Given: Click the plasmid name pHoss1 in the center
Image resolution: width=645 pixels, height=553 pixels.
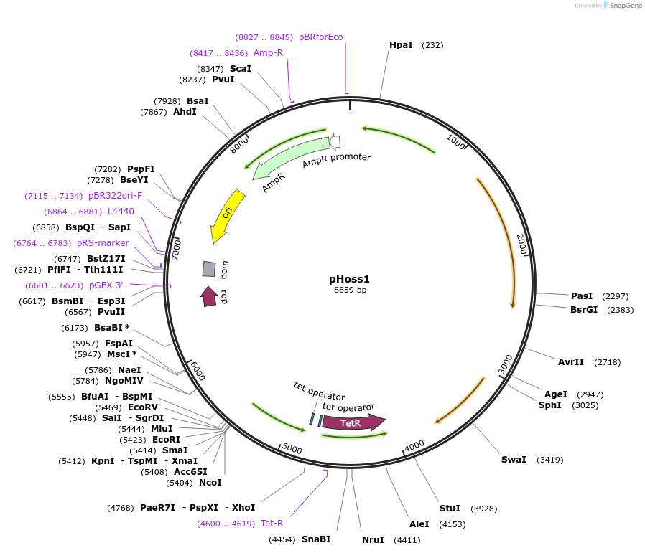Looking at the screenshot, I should pyautogui.click(x=349, y=279).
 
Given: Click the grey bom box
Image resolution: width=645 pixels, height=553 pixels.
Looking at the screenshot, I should pyautogui.click(x=209, y=269).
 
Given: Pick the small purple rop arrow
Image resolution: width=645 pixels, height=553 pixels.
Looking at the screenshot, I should pyautogui.click(x=209, y=296).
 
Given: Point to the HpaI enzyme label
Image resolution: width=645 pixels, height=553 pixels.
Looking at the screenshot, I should pyautogui.click(x=401, y=44).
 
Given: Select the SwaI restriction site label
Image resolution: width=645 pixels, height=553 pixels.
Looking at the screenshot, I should pyautogui.click(x=514, y=459).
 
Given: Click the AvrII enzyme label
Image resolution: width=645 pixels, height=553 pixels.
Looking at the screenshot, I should pyautogui.click(x=571, y=361).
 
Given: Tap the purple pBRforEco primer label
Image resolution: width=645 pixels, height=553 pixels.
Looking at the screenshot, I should pyautogui.click(x=320, y=37).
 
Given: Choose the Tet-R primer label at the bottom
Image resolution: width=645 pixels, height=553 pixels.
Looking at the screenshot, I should pyautogui.click(x=272, y=523).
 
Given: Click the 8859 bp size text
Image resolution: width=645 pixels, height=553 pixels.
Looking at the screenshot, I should pyautogui.click(x=350, y=290).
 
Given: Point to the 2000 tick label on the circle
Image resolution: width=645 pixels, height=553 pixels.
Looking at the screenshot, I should pyautogui.click(x=522, y=244).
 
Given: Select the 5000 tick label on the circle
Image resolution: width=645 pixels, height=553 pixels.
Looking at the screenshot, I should pyautogui.click(x=292, y=448).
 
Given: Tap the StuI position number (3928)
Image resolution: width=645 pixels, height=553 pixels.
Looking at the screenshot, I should pyautogui.click(x=483, y=509).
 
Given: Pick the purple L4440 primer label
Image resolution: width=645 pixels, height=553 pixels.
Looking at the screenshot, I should pyautogui.click(x=121, y=211).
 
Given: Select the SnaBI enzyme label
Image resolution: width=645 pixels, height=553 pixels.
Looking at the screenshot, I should pyautogui.click(x=316, y=539).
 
